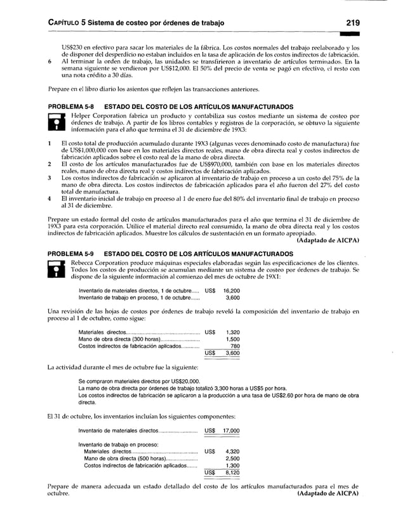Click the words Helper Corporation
tap(101, 117)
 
